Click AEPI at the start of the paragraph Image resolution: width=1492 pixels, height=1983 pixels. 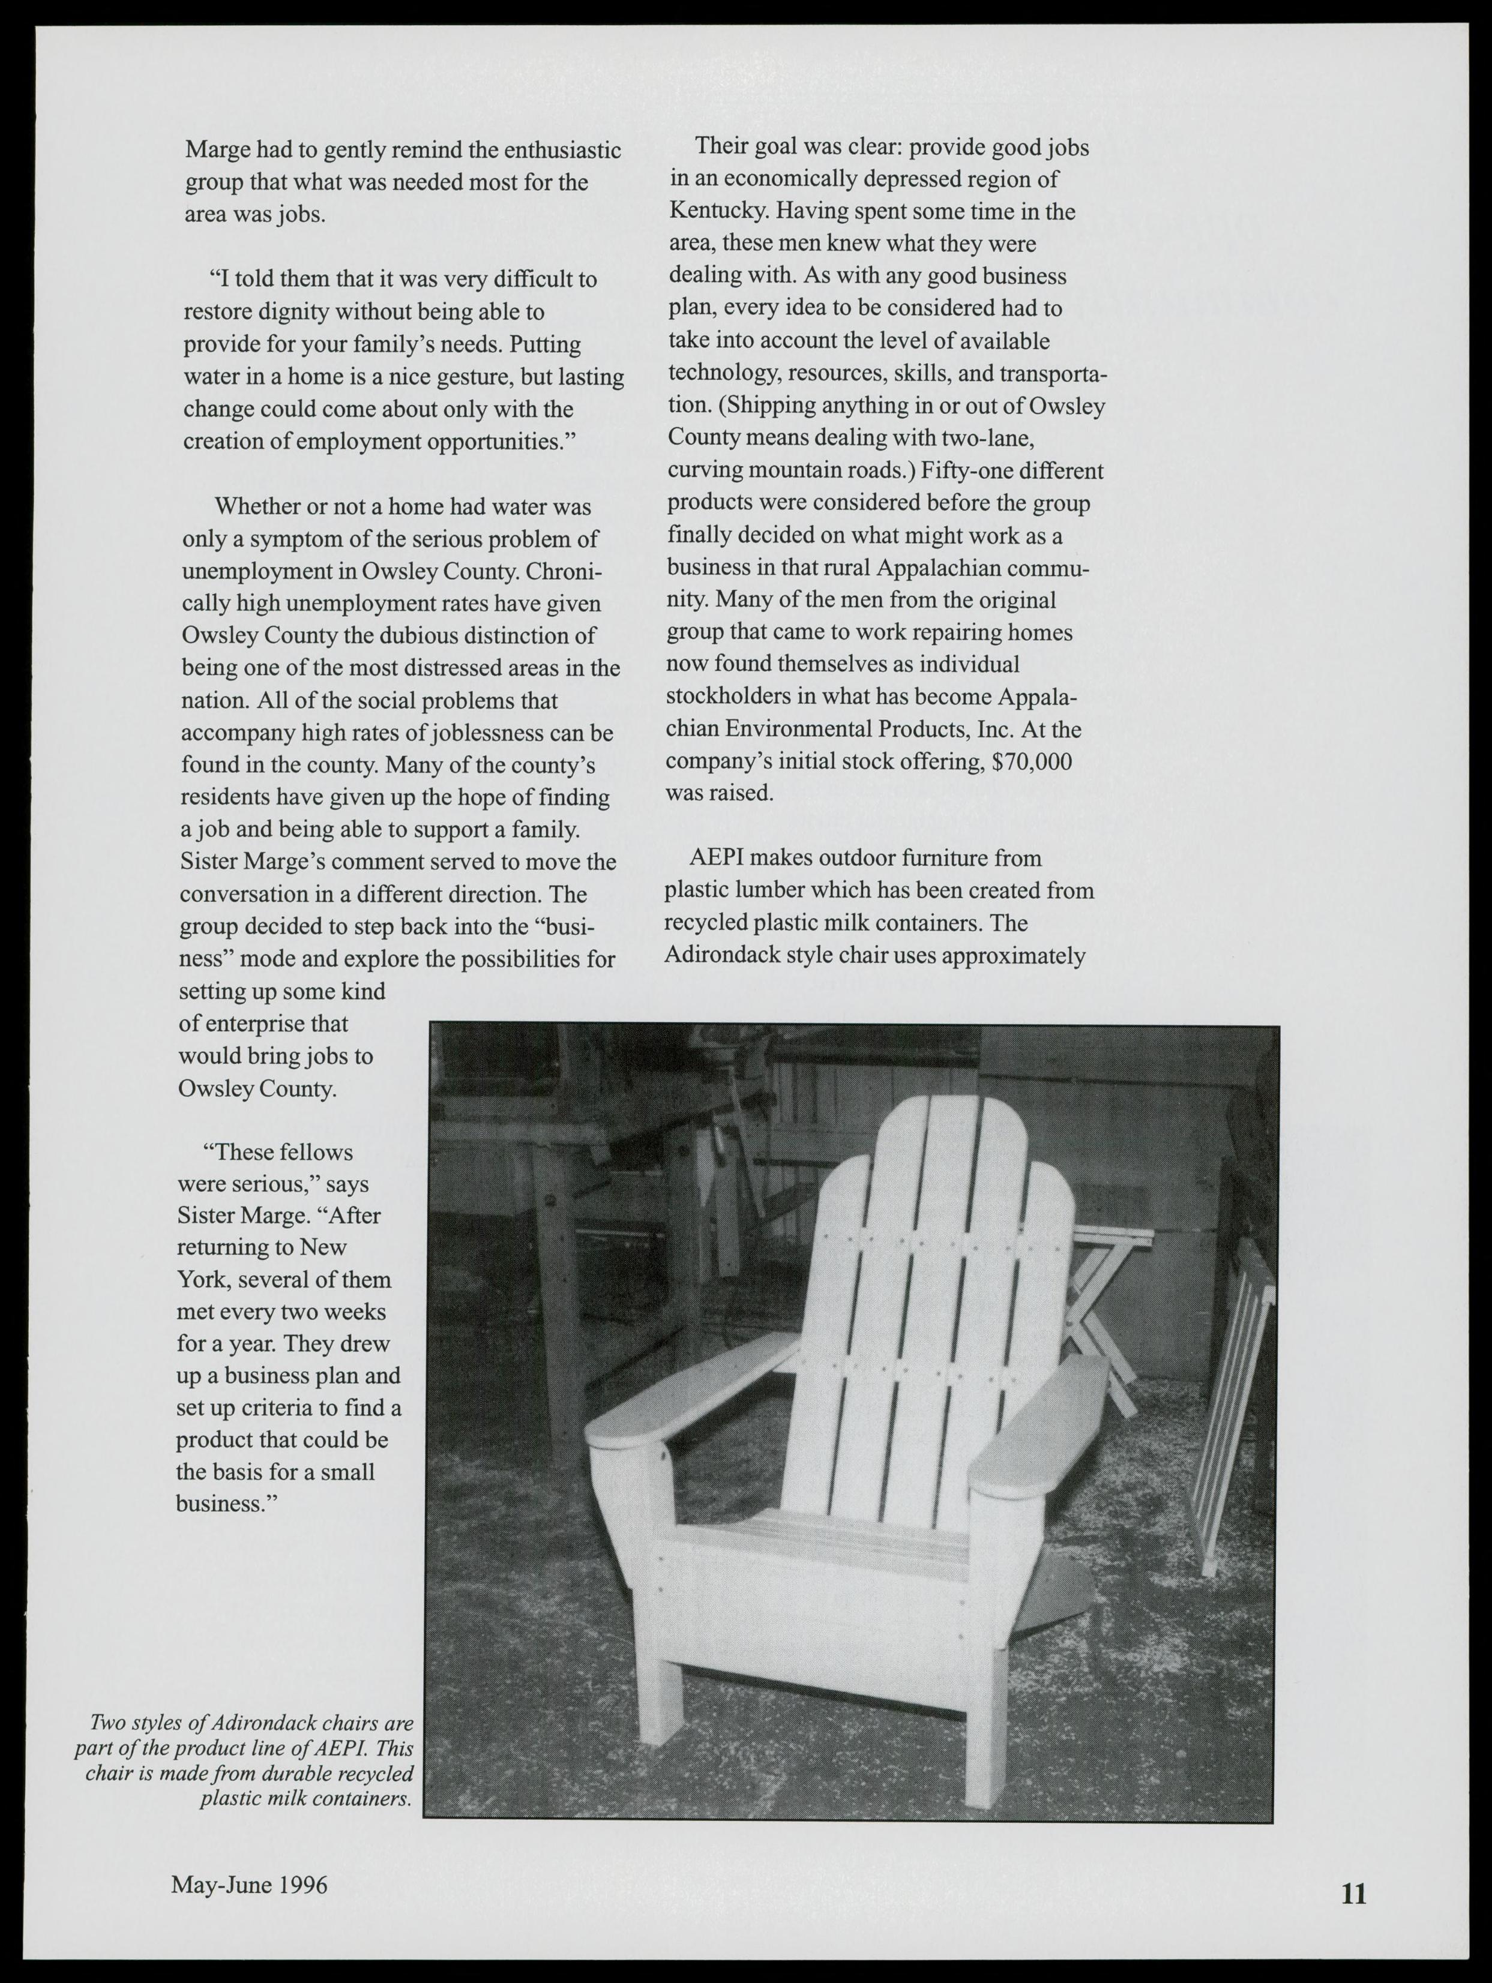coord(715,858)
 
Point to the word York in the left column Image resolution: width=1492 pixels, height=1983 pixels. coord(200,1279)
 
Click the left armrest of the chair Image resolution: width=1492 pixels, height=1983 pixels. coord(681,1399)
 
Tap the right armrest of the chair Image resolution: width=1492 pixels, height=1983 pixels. coord(1040,1426)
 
